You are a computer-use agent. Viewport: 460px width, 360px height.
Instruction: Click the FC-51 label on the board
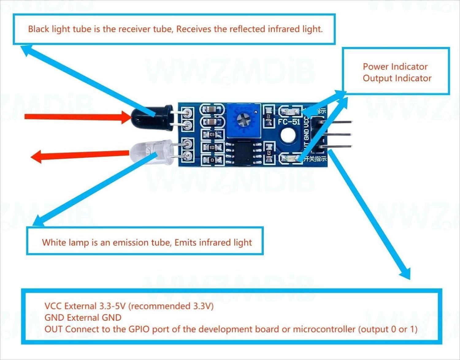pyautogui.click(x=289, y=122)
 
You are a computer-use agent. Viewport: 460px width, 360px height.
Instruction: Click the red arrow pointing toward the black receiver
pyautogui.click(x=77, y=117)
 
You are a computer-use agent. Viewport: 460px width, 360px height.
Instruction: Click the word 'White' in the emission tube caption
pyautogui.click(x=54, y=243)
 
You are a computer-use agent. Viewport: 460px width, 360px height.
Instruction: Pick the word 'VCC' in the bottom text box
pyautogui.click(x=53, y=306)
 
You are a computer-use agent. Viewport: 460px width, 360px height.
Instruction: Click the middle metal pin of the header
pyautogui.click(x=337, y=135)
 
